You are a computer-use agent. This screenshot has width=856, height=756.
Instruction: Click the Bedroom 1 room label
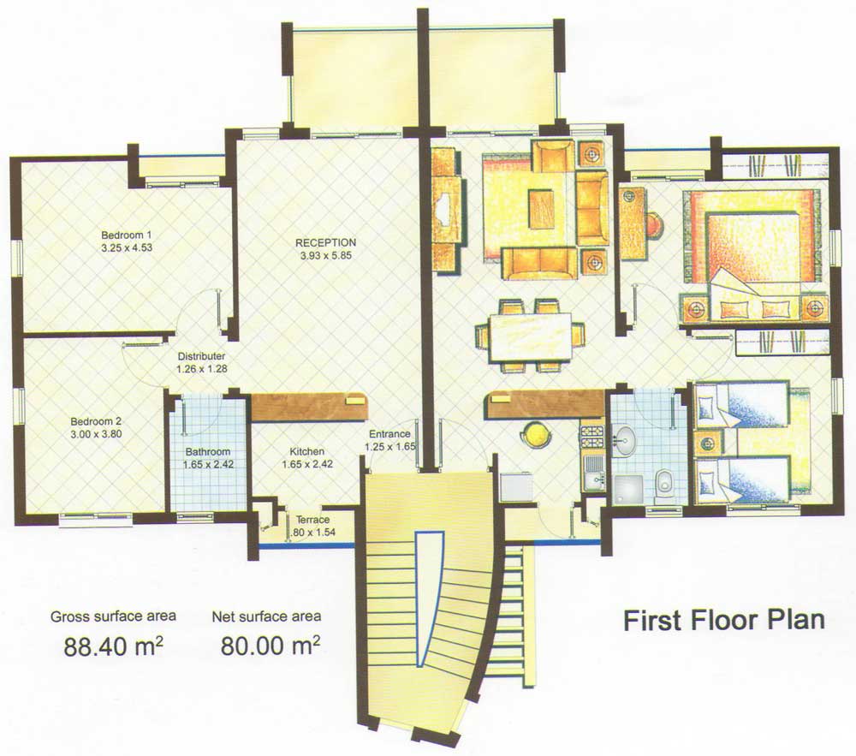127,235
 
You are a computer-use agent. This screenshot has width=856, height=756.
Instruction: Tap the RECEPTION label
326,243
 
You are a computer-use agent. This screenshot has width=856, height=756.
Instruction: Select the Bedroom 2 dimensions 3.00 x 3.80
96,434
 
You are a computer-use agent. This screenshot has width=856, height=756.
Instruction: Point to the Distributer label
201,356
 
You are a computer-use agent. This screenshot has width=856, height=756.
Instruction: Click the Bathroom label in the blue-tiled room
208,452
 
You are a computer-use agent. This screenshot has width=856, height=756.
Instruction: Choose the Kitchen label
306,452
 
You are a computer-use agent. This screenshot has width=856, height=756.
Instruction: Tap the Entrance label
389,434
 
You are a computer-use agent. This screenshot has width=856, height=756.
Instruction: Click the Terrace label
312,520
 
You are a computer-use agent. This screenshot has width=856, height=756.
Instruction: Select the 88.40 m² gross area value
114,646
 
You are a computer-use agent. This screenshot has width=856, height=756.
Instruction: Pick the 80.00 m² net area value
270,646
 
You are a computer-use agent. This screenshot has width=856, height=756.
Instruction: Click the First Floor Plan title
724,621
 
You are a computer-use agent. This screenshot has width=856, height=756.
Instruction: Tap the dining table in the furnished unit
531,336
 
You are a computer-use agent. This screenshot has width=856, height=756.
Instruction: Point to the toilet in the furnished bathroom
664,481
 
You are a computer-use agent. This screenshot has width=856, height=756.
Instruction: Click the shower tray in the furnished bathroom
630,490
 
